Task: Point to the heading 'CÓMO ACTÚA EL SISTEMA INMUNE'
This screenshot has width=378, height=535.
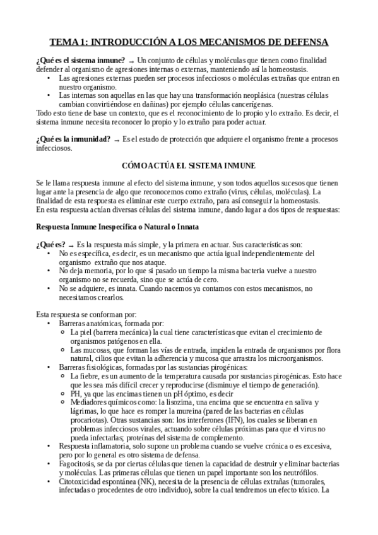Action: click(189, 165)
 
